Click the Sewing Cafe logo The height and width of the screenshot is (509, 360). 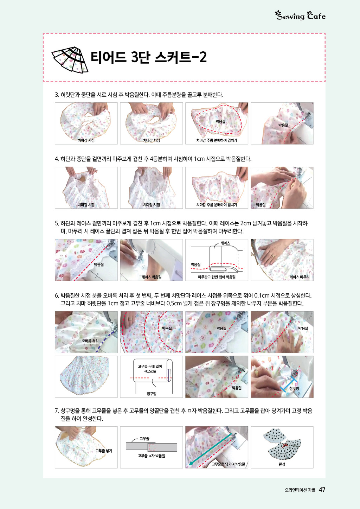(x=300, y=15)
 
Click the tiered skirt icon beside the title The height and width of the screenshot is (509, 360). (x=70, y=60)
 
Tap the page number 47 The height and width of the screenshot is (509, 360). (x=322, y=490)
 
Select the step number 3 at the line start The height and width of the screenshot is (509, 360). (x=57, y=95)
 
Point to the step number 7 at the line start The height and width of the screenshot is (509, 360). (x=57, y=411)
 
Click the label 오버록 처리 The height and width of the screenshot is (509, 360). (x=90, y=341)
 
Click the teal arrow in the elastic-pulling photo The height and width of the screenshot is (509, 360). (x=211, y=449)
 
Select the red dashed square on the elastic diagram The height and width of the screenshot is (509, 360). (x=152, y=447)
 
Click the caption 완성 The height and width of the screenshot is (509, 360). (x=282, y=464)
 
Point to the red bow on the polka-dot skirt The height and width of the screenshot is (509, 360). (x=284, y=445)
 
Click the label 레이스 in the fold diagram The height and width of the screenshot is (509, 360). (x=225, y=243)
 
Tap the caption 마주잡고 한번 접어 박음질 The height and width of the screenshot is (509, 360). (x=217, y=277)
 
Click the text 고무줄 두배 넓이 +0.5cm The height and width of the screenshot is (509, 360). (x=150, y=369)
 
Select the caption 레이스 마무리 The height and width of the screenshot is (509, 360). (x=300, y=277)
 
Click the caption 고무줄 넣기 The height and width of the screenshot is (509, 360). (x=104, y=451)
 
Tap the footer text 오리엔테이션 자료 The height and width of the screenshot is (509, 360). (x=300, y=490)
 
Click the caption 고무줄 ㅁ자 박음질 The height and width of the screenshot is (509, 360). (x=152, y=456)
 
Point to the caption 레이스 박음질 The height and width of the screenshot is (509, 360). (x=151, y=277)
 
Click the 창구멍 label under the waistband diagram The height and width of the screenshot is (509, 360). (x=151, y=394)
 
